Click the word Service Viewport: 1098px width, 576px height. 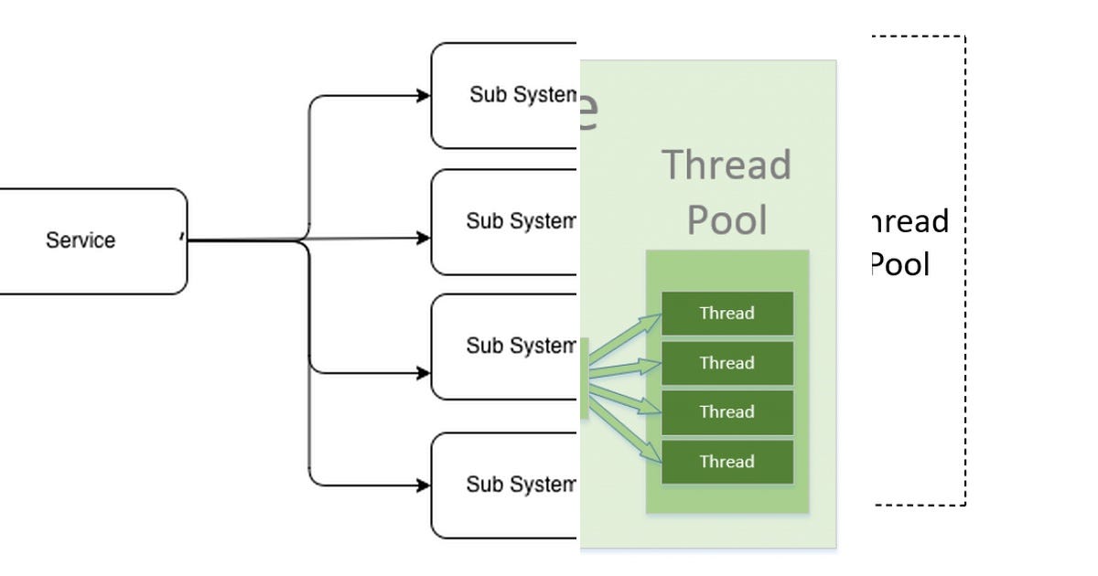pyautogui.click(x=81, y=240)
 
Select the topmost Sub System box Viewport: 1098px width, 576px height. pyautogui.click(x=503, y=95)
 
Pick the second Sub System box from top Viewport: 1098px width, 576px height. pyautogui.click(x=503, y=221)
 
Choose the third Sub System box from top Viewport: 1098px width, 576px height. pyautogui.click(x=503, y=347)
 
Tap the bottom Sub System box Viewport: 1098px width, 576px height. pyautogui.click(x=503, y=485)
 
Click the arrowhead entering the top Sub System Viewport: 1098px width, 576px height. pyautogui.click(x=424, y=95)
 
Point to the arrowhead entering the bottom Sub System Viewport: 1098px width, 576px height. pyautogui.click(x=424, y=485)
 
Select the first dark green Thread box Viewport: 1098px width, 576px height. pyautogui.click(x=727, y=314)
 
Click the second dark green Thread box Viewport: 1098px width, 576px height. pyautogui.click(x=727, y=363)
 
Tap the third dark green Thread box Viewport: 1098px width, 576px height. pyautogui.click(x=727, y=412)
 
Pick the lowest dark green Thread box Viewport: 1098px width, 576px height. pyautogui.click(x=727, y=462)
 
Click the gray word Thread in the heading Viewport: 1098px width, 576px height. pyautogui.click(x=727, y=165)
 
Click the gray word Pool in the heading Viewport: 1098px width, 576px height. pyautogui.click(x=727, y=220)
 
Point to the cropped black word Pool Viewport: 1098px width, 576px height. pyautogui.click(x=899, y=265)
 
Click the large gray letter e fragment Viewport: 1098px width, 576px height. pyautogui.click(x=589, y=112)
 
